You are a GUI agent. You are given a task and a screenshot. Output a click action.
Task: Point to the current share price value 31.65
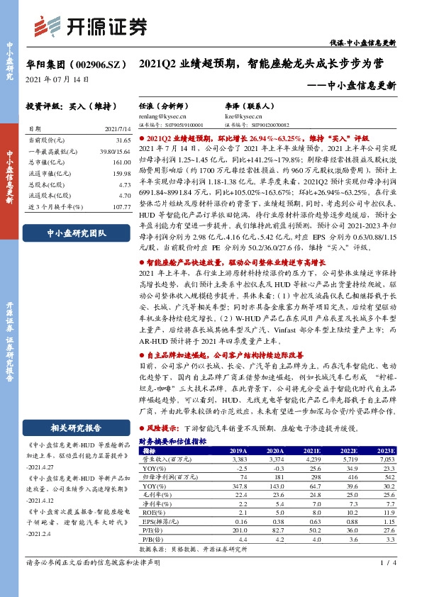coord(122,140)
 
